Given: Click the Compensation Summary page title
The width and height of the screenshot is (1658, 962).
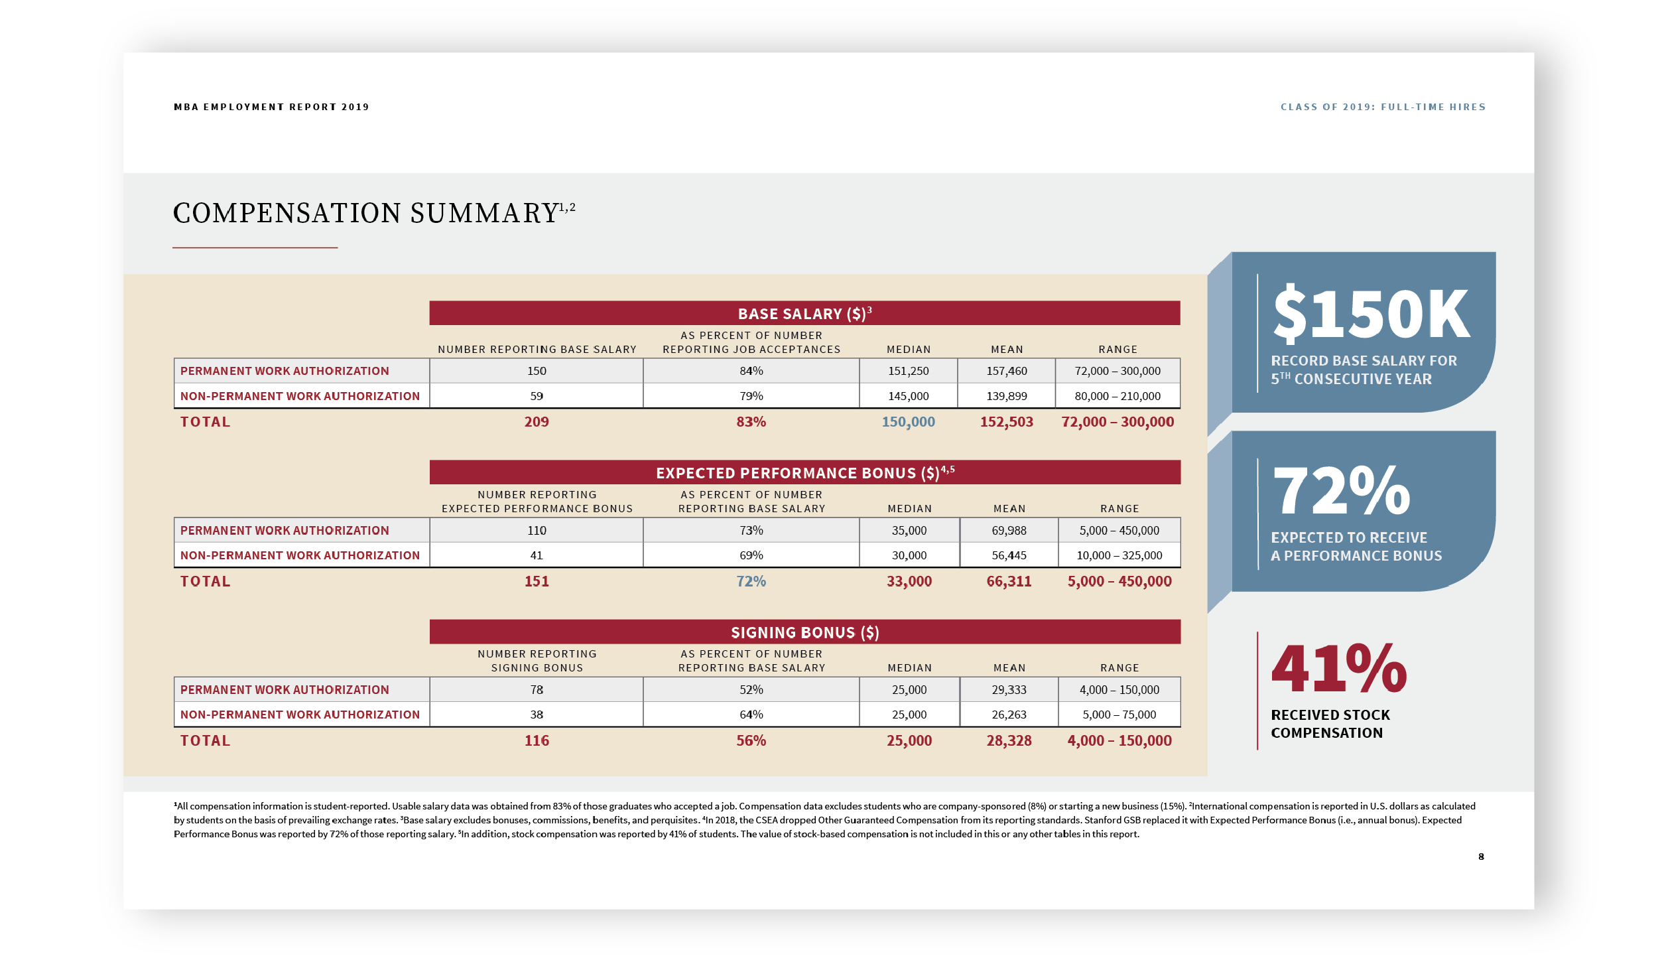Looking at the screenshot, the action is point(374,213).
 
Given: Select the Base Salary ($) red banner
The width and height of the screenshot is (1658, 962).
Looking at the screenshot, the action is point(804,313).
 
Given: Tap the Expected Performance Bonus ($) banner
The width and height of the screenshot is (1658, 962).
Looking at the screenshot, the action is point(804,472).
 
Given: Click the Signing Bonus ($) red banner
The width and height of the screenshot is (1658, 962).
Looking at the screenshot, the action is point(804,632).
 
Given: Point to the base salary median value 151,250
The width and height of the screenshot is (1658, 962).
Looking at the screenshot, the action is point(909,371).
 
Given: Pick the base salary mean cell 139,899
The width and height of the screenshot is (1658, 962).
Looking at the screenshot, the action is point(1007,396).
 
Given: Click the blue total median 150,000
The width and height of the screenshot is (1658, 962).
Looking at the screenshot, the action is point(909,422).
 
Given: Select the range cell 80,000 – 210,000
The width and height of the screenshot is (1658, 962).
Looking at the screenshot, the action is point(1117,396).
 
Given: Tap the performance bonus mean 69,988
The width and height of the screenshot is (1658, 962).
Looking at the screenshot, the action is point(1009,531).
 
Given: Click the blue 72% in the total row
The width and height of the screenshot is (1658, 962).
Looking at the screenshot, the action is point(751,581).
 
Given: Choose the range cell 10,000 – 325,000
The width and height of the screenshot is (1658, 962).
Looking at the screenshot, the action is point(1119,555).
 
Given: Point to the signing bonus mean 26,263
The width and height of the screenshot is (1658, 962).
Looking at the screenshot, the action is point(1009,715).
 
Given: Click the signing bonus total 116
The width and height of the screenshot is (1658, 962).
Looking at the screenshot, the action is point(537,740).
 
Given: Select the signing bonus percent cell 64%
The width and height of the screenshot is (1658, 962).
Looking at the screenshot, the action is point(751,715).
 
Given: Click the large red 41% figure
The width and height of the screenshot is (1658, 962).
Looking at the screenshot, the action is point(1339,667).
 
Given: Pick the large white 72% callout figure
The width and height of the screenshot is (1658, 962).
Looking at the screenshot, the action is point(1342,490).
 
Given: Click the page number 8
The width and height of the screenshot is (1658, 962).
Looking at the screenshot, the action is point(1481,857).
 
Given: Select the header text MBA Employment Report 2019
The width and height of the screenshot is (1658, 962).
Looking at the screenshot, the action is point(271,107).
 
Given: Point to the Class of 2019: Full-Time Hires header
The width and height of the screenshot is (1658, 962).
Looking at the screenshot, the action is point(1383,107).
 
